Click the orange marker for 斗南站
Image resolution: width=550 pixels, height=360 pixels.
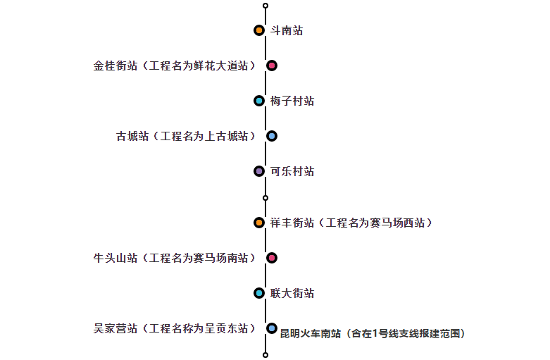(259, 30)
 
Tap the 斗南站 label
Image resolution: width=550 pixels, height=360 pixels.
(287, 31)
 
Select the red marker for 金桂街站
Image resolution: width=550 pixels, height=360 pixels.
(272, 66)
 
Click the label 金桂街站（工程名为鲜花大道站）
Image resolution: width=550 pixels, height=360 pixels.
(175, 66)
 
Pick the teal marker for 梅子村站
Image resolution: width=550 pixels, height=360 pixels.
(259, 101)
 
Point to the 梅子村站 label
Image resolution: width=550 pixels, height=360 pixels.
(292, 101)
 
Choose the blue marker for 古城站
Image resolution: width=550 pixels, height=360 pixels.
(272, 136)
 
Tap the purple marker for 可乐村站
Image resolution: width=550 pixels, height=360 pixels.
(259, 171)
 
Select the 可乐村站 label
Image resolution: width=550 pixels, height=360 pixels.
(292, 172)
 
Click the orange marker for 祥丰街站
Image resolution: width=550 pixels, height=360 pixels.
(259, 223)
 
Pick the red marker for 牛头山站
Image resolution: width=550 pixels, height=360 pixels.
(272, 258)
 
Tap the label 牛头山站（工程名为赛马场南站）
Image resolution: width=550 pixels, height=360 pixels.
(175, 259)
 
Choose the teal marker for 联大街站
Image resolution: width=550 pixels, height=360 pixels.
(259, 293)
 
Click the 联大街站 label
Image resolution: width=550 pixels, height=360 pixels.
(292, 294)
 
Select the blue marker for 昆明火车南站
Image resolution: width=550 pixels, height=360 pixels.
(272, 328)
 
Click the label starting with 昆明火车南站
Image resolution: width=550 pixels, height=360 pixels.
(373, 333)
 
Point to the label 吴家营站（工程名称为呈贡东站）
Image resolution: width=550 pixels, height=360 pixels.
(175, 329)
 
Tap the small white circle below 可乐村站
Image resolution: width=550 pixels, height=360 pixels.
(265, 198)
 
